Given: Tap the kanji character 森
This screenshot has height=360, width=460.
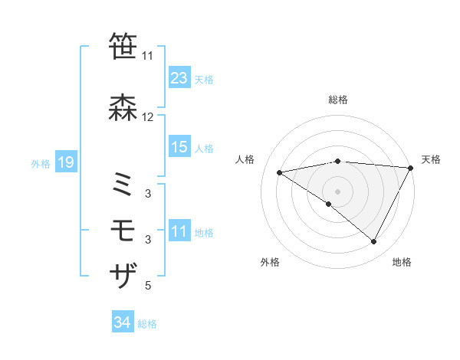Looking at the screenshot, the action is (124, 108).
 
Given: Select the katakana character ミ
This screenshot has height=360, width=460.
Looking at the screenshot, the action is (124, 185).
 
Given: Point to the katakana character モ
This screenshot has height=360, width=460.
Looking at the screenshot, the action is (124, 230).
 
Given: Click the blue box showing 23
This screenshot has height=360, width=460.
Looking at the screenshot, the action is (179, 77).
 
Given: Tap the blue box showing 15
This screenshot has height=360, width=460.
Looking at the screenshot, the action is (179, 147).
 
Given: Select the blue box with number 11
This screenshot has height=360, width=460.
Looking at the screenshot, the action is (179, 231).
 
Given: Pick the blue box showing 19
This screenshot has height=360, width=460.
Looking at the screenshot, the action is (65, 162).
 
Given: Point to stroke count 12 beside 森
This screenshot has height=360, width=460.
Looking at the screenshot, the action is (148, 117).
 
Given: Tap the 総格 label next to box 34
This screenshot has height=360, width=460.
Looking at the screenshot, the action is (147, 324).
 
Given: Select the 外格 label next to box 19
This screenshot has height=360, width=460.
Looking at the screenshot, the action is (41, 164).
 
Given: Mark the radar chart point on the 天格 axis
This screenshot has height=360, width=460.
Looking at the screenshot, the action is (411, 167).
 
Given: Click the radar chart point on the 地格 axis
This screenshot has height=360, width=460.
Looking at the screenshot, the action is (374, 241).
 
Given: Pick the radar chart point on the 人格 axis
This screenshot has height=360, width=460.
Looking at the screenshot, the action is (279, 172).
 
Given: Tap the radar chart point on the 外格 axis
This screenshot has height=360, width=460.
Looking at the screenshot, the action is (329, 204).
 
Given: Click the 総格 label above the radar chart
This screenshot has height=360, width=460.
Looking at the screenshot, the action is (338, 100).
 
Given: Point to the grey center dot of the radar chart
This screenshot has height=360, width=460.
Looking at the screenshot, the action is (337, 191).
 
